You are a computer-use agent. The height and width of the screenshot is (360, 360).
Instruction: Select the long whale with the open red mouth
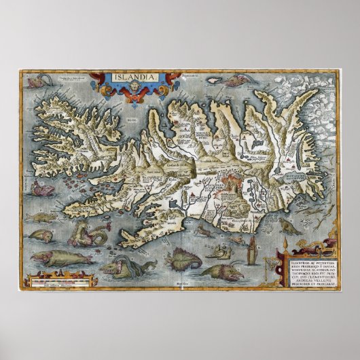pos(61,258)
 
